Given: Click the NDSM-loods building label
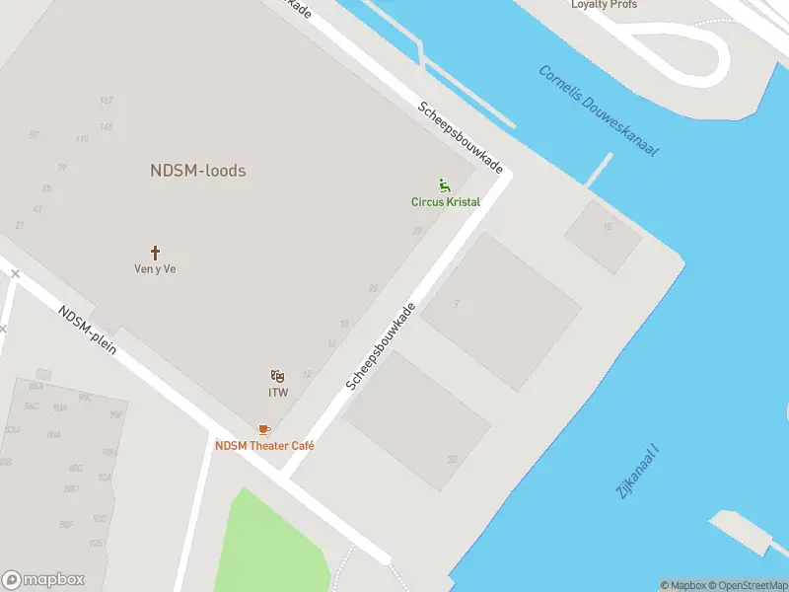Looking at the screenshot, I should point(197,171).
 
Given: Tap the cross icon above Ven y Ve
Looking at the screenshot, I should point(155,253).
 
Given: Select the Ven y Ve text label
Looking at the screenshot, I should point(155,268).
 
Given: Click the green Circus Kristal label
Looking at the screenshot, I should point(446,202).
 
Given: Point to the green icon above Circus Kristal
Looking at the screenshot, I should point(445,185).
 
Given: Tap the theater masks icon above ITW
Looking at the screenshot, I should point(278,376).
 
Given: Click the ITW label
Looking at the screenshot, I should point(278,393).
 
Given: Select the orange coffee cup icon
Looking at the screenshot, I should point(263,429).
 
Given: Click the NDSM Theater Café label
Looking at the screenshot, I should point(264,446).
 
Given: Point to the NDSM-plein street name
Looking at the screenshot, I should point(88,331).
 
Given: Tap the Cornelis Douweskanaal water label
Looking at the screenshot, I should point(599,111).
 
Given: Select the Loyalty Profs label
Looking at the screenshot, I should point(604,5).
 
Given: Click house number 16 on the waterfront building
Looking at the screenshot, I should point(607,227).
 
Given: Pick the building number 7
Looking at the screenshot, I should point(457,303).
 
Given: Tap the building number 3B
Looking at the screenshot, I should point(453,460).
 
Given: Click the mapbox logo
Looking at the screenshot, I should point(43,579).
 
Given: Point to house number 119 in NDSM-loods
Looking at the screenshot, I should point(82,139).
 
